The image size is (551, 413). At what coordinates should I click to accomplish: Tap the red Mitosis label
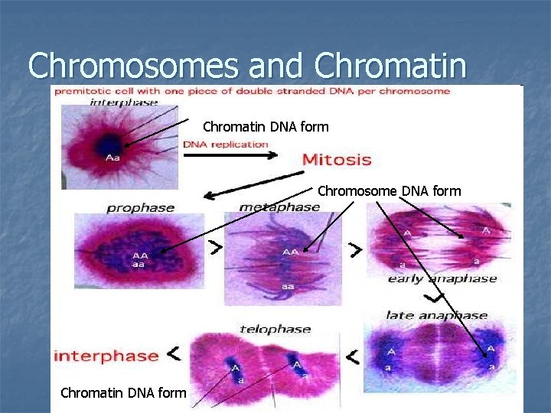(x=337, y=160)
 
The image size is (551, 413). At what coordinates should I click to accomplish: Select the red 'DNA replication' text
(x=225, y=145)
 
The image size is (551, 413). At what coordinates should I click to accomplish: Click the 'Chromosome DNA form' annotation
(x=389, y=190)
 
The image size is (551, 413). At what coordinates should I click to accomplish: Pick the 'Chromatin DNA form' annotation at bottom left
(x=123, y=392)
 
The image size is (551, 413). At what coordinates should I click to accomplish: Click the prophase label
(x=140, y=207)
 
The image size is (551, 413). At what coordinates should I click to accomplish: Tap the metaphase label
(x=279, y=207)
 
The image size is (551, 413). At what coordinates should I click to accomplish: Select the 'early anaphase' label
(x=443, y=278)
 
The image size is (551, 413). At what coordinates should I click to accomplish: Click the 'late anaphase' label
(x=436, y=314)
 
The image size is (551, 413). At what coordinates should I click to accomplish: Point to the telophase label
(x=275, y=330)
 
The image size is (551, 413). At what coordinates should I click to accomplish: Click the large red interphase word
(x=106, y=356)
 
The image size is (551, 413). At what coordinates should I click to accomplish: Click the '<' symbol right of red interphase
(x=174, y=353)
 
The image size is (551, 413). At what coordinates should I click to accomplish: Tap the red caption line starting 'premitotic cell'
(x=260, y=91)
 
